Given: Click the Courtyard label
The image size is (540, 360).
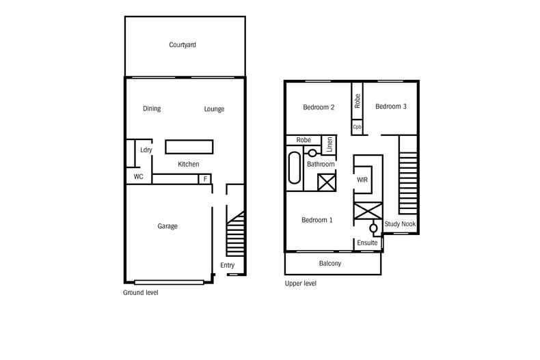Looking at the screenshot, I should click(x=183, y=45).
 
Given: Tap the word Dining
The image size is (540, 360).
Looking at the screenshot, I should click(x=152, y=109).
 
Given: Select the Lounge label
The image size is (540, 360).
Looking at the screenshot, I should click(x=214, y=109).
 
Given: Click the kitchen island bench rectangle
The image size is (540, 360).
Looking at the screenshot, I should click(x=189, y=147).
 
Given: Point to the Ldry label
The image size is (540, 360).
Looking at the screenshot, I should click(x=145, y=150).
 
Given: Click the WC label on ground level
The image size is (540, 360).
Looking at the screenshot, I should click(x=138, y=177).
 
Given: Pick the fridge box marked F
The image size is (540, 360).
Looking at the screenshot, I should click(x=204, y=179).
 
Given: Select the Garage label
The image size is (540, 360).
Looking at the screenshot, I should click(x=167, y=226).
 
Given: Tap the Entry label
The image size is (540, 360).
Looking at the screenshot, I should click(x=227, y=265).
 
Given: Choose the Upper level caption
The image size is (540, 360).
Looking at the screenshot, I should click(x=301, y=283).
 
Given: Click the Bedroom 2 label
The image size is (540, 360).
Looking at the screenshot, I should click(x=319, y=107).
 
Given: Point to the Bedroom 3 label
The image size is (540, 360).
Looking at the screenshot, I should click(x=391, y=106).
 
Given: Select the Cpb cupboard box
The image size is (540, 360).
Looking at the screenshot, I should click(x=357, y=127).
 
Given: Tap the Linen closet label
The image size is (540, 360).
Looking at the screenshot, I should click(x=329, y=145).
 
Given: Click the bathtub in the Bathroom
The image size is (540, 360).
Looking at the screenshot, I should click(x=295, y=168).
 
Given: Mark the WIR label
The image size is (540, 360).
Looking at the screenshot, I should click(x=362, y=180).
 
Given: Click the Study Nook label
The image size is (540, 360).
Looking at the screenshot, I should click(x=401, y=224).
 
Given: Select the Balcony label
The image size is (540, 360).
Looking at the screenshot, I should click(x=330, y=264).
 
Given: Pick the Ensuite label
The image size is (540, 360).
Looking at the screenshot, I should click(x=367, y=242).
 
